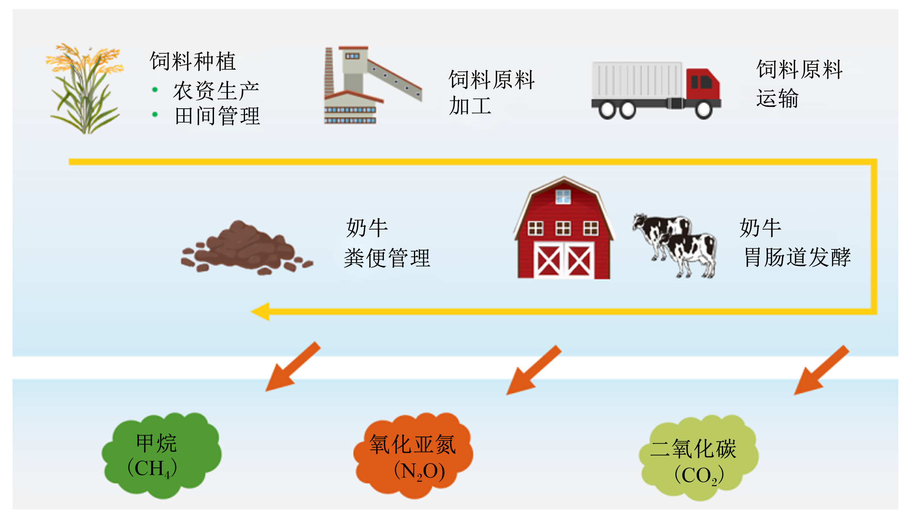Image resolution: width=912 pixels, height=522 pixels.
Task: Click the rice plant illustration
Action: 85,88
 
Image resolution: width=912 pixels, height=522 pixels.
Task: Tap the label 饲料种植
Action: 193,61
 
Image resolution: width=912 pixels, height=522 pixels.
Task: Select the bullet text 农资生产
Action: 216,91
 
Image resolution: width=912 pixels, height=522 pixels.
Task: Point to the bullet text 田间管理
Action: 217,116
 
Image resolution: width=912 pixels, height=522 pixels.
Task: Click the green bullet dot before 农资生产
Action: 155,90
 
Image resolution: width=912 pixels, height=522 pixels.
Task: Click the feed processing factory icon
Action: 373,85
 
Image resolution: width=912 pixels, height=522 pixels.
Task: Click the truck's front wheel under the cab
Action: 704,110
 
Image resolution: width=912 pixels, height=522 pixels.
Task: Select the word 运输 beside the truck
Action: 778,98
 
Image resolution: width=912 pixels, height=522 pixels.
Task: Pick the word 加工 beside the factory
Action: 470,106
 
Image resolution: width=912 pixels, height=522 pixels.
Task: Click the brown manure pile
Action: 247,248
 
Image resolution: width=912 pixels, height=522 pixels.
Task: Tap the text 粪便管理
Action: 387,258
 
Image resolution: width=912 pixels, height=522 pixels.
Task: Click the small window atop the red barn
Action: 563,196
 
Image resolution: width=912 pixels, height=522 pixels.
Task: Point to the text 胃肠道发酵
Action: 797,257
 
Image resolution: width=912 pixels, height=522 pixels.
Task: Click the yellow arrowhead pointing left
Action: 260,312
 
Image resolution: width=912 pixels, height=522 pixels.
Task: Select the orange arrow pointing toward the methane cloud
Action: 293,367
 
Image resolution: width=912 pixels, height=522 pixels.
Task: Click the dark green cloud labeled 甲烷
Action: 162,455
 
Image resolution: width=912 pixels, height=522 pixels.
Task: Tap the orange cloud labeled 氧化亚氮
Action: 413,455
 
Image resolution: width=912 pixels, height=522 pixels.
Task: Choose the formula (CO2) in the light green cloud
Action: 699,475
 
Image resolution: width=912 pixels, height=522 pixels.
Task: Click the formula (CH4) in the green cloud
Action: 152,469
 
